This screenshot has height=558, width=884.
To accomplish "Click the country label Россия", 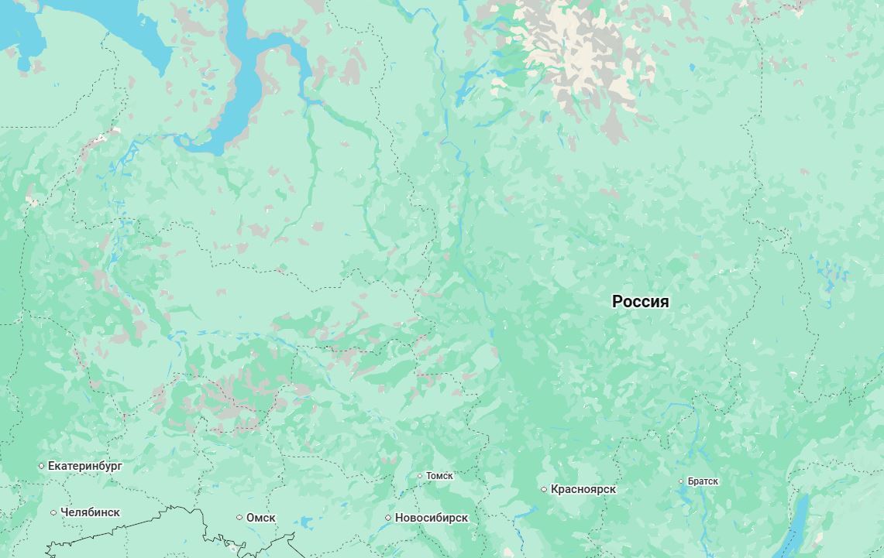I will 640,302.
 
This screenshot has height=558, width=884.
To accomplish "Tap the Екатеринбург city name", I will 84,466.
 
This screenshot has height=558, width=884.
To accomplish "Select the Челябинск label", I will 90,512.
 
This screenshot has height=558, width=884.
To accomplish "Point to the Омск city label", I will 260,518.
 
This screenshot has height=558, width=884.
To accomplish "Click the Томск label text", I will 439,476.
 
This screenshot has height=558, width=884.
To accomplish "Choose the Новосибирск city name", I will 431,518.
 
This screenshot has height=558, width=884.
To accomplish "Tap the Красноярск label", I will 583,489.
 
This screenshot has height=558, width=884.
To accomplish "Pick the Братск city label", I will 703,481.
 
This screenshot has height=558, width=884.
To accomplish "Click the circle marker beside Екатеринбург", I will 42,466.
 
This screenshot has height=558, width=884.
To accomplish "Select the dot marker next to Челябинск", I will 53,512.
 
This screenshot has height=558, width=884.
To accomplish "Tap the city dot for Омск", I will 240,518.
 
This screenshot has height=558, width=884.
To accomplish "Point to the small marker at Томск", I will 420,476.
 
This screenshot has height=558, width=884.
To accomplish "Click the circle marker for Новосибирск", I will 389,518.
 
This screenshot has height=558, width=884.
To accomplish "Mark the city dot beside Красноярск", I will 544,489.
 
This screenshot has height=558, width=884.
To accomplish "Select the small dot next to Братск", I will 682,481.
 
